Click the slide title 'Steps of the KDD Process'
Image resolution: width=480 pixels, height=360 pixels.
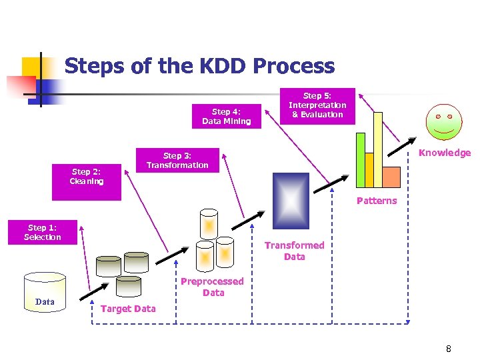199,66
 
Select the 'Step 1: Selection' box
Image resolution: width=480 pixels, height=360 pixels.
43,233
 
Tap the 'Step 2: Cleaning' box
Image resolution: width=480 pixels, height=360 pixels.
87,177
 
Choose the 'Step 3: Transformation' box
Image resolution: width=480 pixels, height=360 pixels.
177,161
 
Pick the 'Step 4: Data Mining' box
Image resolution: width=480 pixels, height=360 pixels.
226,117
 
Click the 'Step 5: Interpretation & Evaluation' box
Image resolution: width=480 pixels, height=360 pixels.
317,105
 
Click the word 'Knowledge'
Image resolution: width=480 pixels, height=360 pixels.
444,153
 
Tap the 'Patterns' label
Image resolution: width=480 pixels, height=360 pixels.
376,201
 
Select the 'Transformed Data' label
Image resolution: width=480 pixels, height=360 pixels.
294,251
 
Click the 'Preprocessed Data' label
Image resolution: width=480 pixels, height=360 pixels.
213,287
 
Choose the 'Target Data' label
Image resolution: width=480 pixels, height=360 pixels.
127,308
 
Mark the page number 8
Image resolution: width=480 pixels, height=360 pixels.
449,348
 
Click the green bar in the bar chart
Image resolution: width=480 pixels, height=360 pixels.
361,160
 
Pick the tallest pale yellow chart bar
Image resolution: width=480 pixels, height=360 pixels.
378,149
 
